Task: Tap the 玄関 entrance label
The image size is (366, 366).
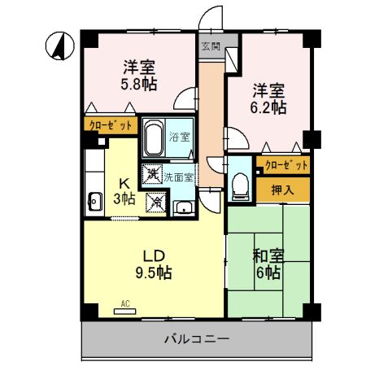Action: tap(209, 46)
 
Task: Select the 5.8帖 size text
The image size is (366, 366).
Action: tap(138, 84)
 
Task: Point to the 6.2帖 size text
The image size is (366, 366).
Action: tap(268, 106)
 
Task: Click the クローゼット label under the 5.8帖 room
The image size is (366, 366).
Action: tap(105, 125)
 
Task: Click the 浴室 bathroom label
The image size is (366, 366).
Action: tap(179, 137)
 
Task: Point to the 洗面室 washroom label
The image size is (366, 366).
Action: tap(179, 176)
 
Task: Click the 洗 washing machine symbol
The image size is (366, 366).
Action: tap(151, 173)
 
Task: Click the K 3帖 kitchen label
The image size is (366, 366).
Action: tap(124, 192)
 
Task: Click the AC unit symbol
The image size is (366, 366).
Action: tap(125, 310)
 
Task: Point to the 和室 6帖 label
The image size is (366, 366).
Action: tap(268, 264)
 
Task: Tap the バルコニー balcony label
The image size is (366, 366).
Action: tap(197, 338)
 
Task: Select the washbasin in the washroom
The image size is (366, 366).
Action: tap(185, 207)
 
